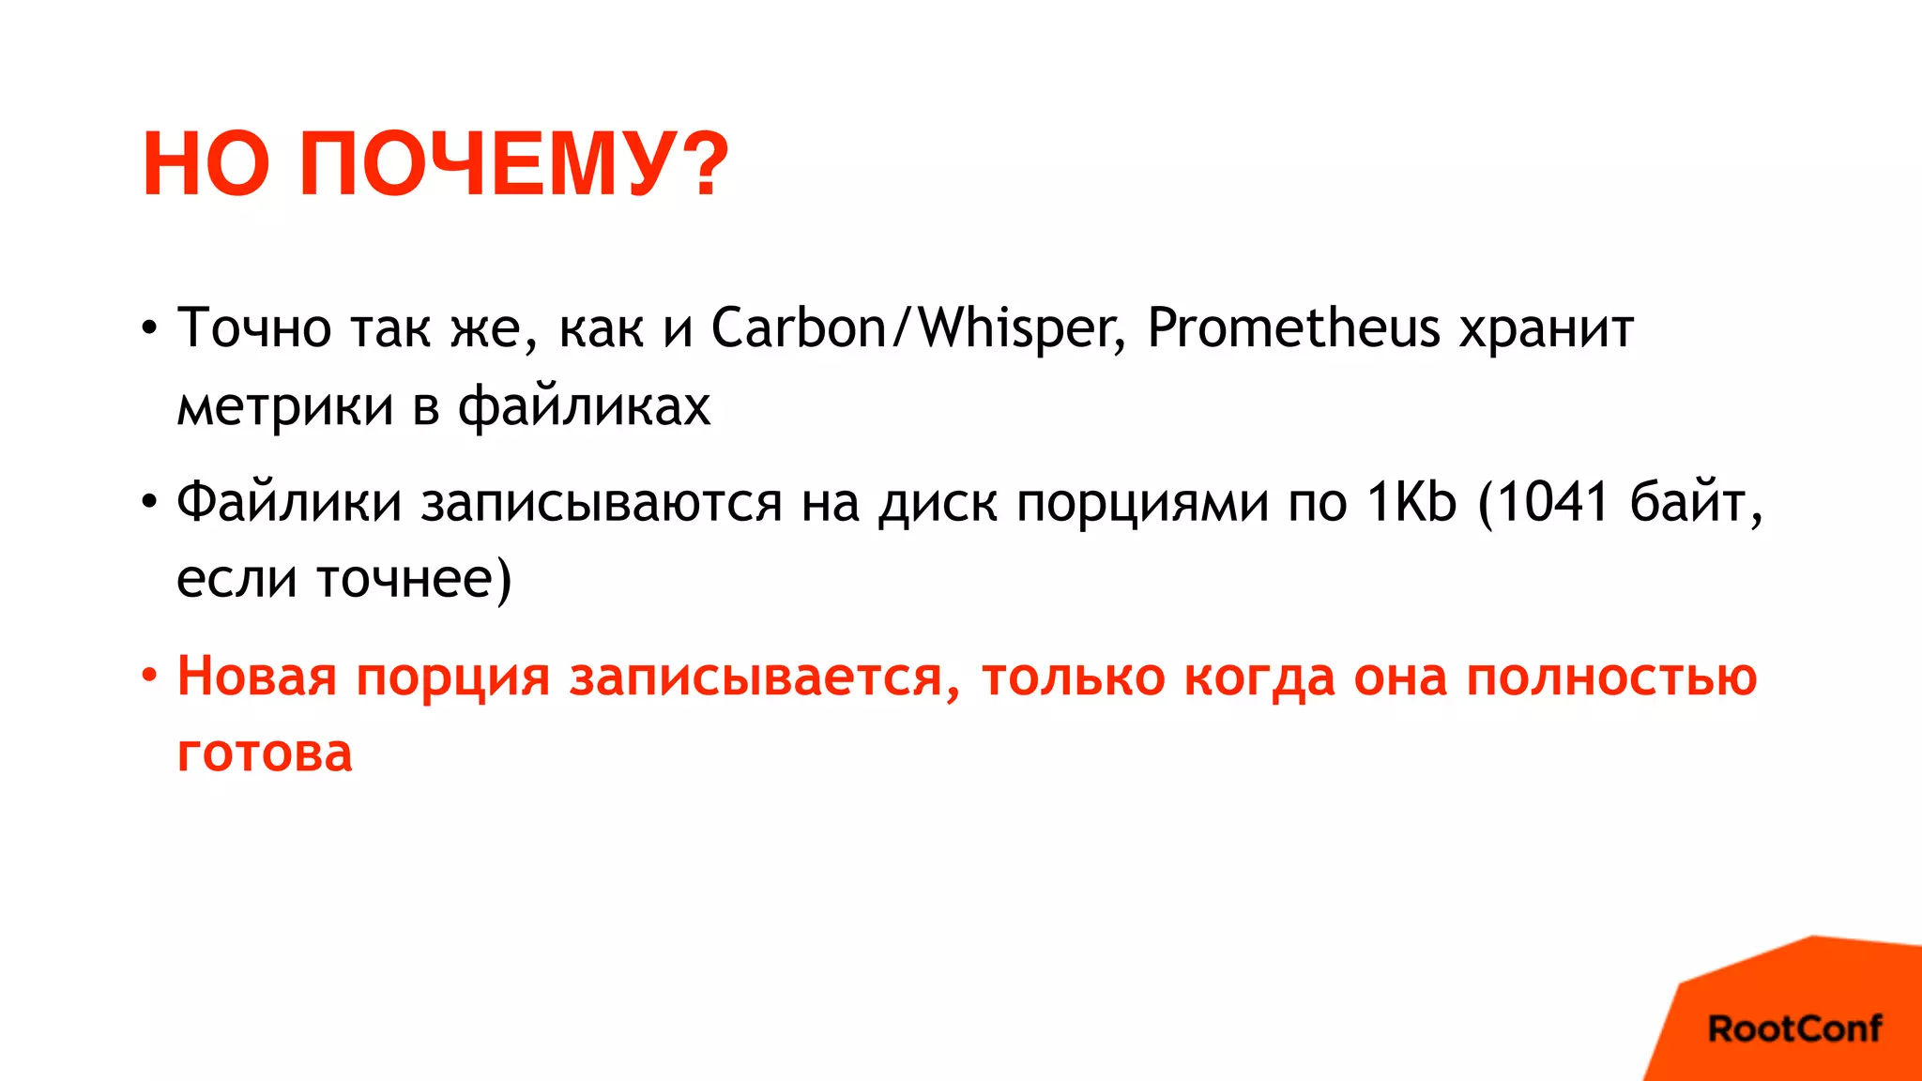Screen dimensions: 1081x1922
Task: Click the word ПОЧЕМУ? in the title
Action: click(x=513, y=164)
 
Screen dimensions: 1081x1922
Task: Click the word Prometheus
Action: click(x=1293, y=327)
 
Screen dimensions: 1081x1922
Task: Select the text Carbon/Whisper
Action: click(x=918, y=327)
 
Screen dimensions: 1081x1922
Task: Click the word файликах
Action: click(x=584, y=406)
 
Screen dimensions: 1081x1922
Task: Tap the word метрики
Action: click(x=285, y=406)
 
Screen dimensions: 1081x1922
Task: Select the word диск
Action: click(x=938, y=503)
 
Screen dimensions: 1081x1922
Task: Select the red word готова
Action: click(x=265, y=753)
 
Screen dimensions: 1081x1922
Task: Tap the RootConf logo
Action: click(x=1793, y=1028)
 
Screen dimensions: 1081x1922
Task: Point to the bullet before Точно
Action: click(x=149, y=328)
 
